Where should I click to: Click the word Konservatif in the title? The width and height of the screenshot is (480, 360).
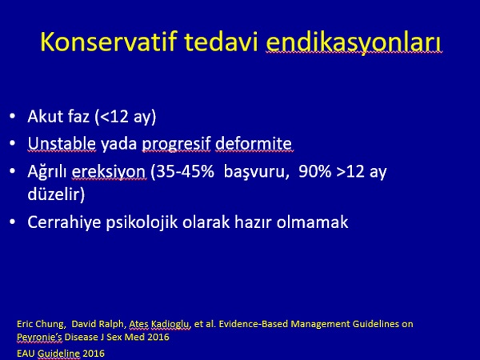pos(109,42)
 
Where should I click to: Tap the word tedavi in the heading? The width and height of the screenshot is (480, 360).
pos(222,42)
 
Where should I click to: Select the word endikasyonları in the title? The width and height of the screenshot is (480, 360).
pos(354,43)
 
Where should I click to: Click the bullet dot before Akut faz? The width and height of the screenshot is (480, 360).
pos(12,117)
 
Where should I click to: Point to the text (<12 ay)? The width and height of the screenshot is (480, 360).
pos(126,117)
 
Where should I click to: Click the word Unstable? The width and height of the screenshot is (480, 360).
pos(62,143)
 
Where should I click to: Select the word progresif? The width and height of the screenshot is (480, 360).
pos(176,144)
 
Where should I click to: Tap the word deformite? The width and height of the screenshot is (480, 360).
pos(254,143)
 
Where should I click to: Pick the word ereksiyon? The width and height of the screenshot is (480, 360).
pos(109,172)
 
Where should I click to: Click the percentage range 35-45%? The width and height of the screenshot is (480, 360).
pos(186,171)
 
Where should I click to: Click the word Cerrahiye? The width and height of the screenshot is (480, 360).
pos(64,222)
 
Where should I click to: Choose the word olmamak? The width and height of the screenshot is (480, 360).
pos(312,222)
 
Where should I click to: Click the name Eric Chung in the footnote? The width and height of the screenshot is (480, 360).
pos(41,324)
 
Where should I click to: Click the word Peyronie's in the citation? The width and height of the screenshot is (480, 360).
pos(39,337)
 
